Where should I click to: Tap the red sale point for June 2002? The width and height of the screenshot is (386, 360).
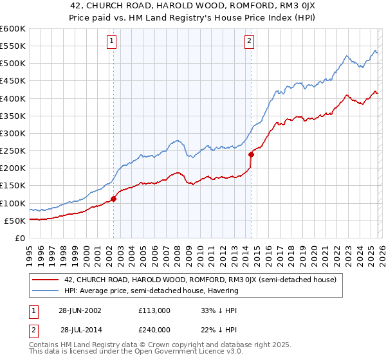pos(114,199)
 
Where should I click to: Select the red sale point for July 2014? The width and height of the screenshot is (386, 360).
pos(251,154)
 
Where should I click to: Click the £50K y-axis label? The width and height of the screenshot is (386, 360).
pos(15,221)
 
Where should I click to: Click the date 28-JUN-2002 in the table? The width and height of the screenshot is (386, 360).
pos(80,310)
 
